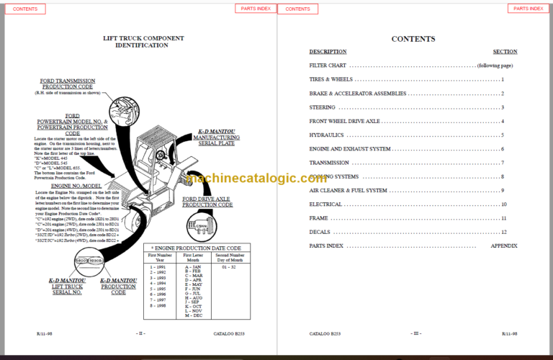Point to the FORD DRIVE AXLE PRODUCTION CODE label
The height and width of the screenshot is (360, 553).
[x=207, y=202]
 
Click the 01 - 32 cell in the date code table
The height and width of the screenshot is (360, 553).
[x=228, y=267]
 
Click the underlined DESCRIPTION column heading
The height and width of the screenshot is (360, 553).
[x=328, y=52]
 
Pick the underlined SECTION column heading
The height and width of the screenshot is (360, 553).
[x=505, y=52]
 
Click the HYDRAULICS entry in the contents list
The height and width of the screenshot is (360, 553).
[x=326, y=135]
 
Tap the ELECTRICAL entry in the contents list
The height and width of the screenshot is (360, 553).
[x=325, y=204]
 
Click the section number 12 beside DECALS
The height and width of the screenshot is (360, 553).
[x=504, y=232]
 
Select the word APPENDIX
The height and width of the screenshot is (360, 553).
[x=504, y=246]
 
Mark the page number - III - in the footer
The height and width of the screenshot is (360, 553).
[x=415, y=334]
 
